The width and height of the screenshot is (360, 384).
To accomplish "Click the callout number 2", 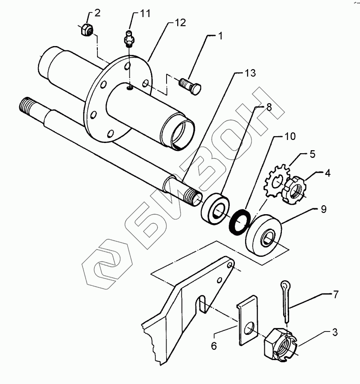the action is [x=97, y=13].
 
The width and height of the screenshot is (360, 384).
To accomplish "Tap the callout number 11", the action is [x=145, y=14].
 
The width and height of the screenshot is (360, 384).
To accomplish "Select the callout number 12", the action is [x=180, y=23].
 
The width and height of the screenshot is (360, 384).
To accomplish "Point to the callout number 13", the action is [x=250, y=73].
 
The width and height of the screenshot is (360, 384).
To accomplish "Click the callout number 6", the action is [x=214, y=346].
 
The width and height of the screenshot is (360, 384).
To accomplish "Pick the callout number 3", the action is [x=334, y=332].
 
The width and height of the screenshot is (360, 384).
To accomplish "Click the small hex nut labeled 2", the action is [x=87, y=30].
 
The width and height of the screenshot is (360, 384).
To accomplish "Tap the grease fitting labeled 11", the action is [x=129, y=38].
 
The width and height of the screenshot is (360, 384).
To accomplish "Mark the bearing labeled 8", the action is [x=215, y=209].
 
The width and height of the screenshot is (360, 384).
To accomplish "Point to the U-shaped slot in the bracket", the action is [x=202, y=304].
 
